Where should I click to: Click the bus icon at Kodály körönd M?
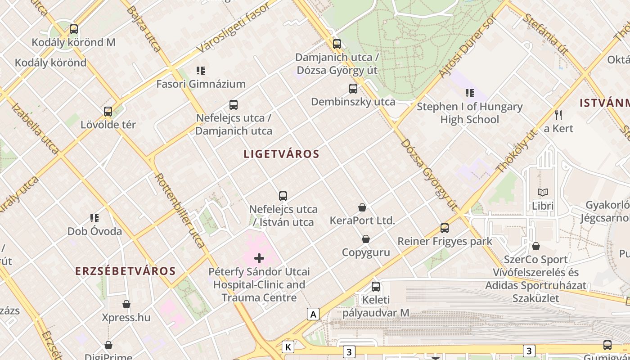[73, 29]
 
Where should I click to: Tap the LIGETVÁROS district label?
[281, 154]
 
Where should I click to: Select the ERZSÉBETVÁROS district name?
[125, 271]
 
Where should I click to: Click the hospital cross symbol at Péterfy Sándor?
[259, 258]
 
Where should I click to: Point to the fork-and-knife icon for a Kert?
[558, 115]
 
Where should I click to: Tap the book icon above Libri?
[543, 193]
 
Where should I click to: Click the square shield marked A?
[313, 314]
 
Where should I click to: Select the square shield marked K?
[288, 347]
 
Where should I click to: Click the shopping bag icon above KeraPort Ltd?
[362, 207]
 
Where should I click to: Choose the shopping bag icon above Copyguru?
[366, 239]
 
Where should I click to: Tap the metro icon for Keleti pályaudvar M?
[376, 286]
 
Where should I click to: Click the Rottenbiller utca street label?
[180, 210]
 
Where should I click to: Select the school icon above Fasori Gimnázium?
[201, 71]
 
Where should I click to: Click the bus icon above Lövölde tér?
[108, 111]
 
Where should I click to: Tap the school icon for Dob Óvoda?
[94, 218]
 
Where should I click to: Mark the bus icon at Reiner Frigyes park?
[445, 228]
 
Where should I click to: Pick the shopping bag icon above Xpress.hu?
[126, 305]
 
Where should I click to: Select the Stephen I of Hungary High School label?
[469, 113]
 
